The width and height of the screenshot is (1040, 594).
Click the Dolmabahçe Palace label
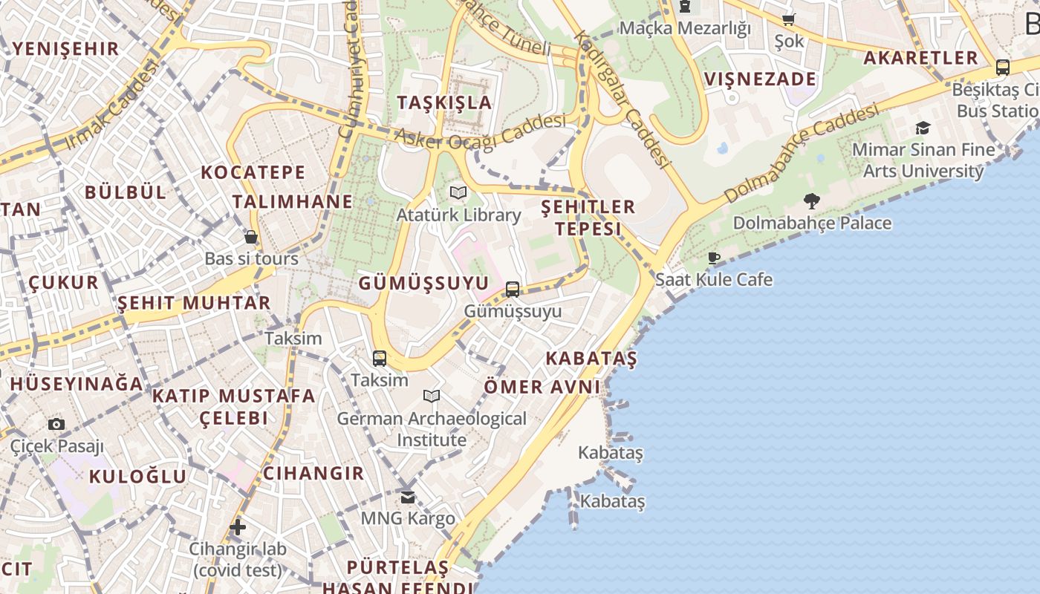tap(812, 223)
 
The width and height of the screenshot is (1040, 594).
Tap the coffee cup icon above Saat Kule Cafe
tap(713, 258)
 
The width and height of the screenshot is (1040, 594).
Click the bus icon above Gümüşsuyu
tap(513, 290)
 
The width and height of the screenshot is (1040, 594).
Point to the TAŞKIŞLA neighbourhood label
tap(444, 102)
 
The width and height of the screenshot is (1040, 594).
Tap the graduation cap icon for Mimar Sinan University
tap(923, 128)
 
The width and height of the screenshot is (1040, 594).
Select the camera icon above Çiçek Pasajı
tap(56, 425)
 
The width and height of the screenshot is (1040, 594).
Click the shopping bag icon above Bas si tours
tap(251, 238)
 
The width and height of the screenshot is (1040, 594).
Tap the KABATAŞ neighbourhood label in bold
tap(591, 359)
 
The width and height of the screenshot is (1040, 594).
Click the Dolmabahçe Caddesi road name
tap(802, 154)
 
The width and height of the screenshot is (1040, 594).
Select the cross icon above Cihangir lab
tap(237, 528)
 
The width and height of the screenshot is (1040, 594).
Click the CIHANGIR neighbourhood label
tap(313, 474)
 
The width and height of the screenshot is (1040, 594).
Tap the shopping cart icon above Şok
tap(788, 19)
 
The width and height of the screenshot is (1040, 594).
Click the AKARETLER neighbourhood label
tap(920, 58)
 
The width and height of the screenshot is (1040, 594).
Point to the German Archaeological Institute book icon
tap(432, 396)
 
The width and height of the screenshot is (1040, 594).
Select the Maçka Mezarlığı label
tap(684, 28)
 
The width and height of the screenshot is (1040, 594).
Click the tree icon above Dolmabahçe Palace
tap(811, 200)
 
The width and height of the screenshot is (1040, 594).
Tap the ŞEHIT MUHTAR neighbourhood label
tap(194, 303)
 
